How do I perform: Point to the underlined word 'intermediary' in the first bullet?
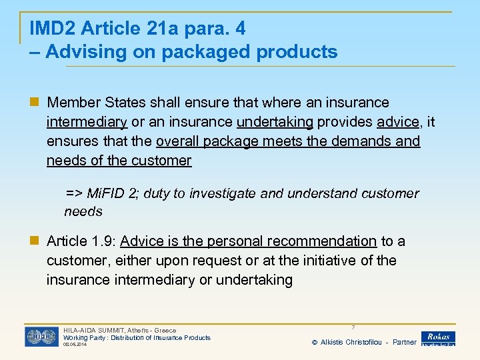point(87,122)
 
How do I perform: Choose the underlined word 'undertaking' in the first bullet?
point(275,122)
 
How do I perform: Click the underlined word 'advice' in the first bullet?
point(398,122)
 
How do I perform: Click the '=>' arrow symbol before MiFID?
point(73,193)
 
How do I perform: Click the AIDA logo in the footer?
point(41,336)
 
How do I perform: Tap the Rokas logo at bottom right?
point(438,338)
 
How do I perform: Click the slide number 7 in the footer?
point(353,327)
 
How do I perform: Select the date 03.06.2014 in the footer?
point(75,345)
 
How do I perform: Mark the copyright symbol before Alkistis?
point(315,342)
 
